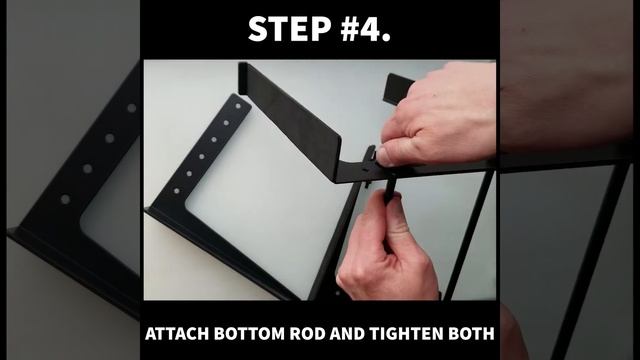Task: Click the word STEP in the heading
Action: click(x=289, y=29)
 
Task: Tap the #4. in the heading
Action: click(x=365, y=29)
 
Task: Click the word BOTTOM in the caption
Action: click(x=249, y=333)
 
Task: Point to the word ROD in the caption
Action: click(x=308, y=333)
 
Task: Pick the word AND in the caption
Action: click(x=347, y=333)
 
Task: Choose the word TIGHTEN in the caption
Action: click(x=407, y=333)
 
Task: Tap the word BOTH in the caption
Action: click(x=471, y=333)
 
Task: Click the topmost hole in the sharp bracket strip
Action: click(x=238, y=106)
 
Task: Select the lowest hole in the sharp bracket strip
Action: click(x=177, y=191)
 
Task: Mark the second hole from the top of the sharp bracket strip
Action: click(x=226, y=122)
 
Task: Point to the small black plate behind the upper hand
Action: click(x=397, y=89)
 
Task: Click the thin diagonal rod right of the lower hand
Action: click(x=469, y=236)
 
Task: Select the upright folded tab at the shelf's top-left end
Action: click(x=243, y=78)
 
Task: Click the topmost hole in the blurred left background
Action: click(x=131, y=108)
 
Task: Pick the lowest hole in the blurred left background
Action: click(x=65, y=200)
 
